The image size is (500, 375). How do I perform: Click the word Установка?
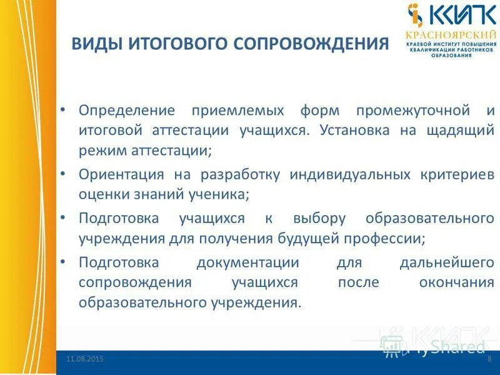click(349, 131)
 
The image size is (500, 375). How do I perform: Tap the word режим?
click(98, 151)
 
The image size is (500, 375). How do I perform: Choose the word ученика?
click(222, 194)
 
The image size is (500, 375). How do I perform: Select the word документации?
click(247, 262)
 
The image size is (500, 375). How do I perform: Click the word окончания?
click(457, 282)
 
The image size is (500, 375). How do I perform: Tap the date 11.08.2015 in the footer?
click(85, 359)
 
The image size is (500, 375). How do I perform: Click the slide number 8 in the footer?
click(489, 359)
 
